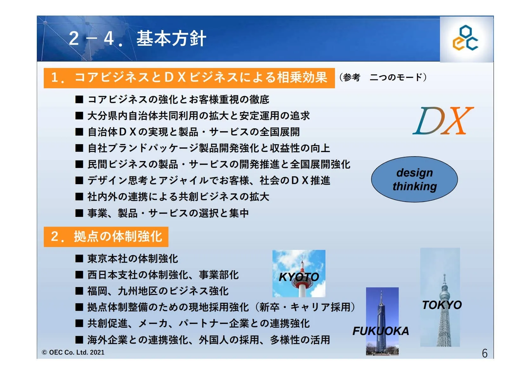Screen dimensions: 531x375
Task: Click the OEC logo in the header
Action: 465,38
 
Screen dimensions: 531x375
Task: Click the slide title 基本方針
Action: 171,38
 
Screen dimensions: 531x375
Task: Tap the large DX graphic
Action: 443,121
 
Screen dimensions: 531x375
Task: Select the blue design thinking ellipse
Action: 414,179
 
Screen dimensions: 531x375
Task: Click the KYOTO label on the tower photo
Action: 299,277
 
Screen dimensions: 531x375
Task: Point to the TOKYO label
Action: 442,305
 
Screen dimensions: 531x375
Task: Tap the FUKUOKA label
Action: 381,331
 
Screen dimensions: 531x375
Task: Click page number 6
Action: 485,353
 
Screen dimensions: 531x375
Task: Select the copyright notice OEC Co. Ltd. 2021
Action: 73,352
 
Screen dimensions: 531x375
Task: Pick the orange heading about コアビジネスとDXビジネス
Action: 189,78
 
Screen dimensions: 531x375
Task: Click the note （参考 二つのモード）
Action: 383,77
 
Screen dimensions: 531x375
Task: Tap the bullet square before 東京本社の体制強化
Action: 79,258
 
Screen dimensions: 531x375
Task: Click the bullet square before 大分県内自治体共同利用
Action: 79,116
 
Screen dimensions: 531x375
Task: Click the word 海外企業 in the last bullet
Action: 108,340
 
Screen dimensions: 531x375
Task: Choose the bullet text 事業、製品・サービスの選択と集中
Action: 168,213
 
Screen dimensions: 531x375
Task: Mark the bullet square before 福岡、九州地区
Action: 79,291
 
